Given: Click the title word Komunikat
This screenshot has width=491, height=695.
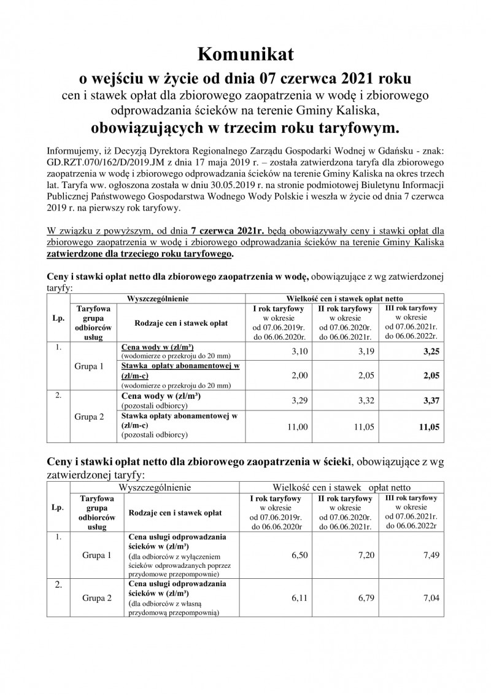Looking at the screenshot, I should (x=245, y=55).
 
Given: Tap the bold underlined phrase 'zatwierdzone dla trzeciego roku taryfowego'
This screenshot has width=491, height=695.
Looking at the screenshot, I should (x=140, y=254).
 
